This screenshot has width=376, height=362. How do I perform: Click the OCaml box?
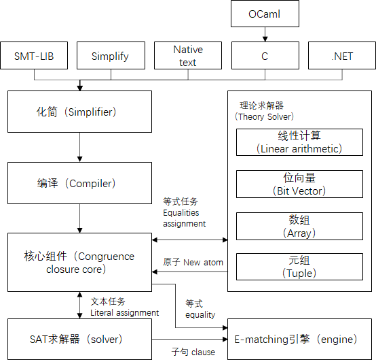[265, 14]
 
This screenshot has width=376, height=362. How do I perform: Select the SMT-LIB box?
[34, 56]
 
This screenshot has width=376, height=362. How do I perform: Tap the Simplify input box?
[111, 56]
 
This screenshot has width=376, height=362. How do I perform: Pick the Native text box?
[188, 56]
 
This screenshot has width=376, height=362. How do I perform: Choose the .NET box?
[342, 56]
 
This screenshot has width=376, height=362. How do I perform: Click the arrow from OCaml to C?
[265, 35]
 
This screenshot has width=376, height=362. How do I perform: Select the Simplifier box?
[79, 112]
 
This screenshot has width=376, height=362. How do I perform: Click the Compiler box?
[79, 183]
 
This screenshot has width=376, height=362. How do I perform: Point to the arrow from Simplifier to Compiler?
[80, 147]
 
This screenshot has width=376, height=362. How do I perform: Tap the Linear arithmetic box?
[299, 142]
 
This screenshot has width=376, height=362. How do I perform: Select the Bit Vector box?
[299, 184]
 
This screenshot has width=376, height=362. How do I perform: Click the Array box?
[299, 226]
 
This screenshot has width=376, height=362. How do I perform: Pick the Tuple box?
[299, 267]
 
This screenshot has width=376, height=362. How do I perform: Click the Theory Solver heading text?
[264, 111]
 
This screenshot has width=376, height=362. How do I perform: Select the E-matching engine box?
[299, 339]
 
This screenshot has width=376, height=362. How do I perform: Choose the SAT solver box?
[79, 339]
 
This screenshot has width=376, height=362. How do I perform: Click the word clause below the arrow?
[203, 352]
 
